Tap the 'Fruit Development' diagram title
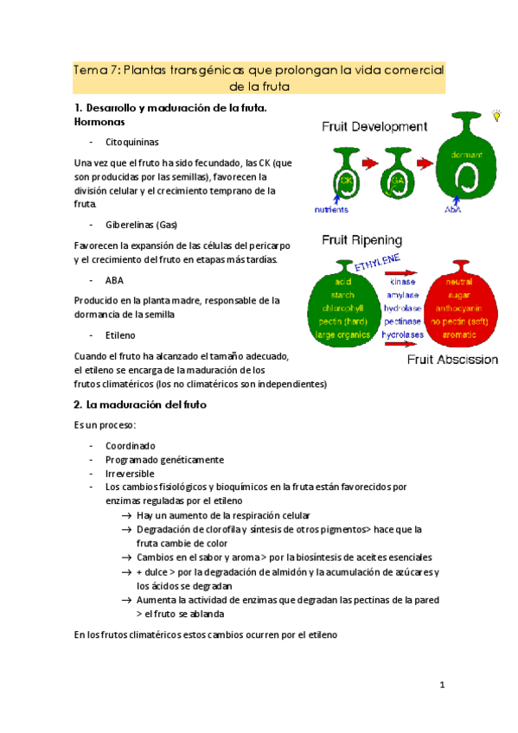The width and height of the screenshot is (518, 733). [374, 126]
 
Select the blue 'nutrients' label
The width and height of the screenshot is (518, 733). [331, 209]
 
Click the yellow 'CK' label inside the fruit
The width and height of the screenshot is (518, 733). [346, 181]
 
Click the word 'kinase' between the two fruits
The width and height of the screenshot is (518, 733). [402, 282]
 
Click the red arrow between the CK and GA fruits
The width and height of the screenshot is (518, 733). [370, 163]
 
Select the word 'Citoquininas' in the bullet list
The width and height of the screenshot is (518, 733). [131, 141]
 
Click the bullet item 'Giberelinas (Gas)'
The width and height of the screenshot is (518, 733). [141, 225]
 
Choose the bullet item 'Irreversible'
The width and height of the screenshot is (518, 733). [130, 474]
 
